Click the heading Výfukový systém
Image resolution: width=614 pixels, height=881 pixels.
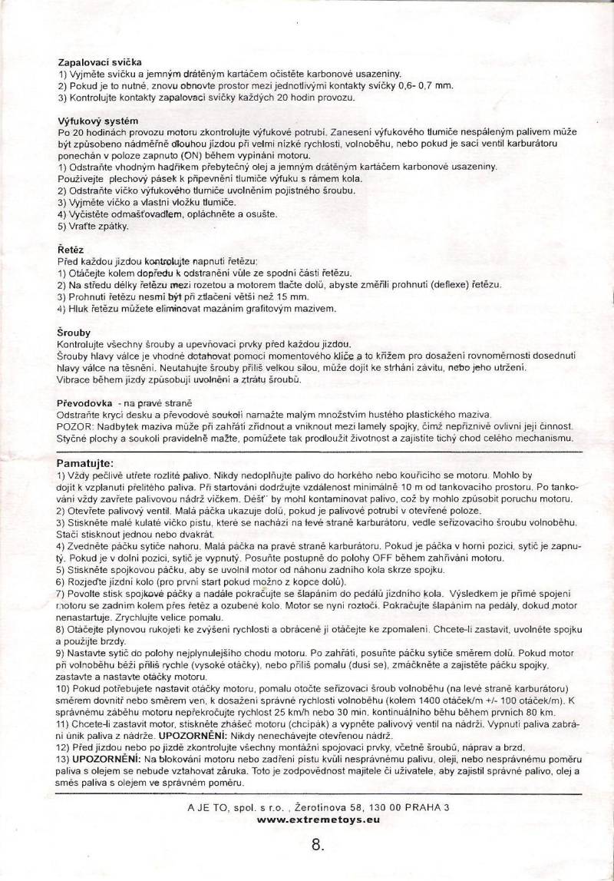click(x=97, y=121)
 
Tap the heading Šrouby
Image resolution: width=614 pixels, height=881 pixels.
click(x=74, y=333)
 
